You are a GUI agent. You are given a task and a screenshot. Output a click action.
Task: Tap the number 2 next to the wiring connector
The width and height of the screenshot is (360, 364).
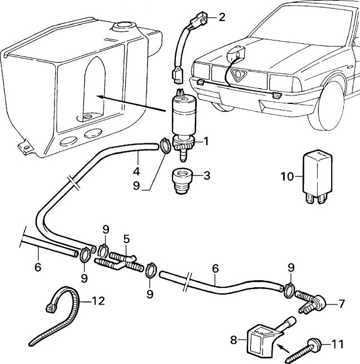[221, 16]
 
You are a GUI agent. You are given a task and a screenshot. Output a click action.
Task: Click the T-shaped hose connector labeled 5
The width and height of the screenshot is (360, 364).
[125, 260]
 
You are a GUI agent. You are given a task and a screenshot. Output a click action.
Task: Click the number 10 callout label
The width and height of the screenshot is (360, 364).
[286, 177]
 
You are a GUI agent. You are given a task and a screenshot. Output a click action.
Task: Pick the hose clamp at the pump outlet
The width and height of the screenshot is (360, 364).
[165, 146]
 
